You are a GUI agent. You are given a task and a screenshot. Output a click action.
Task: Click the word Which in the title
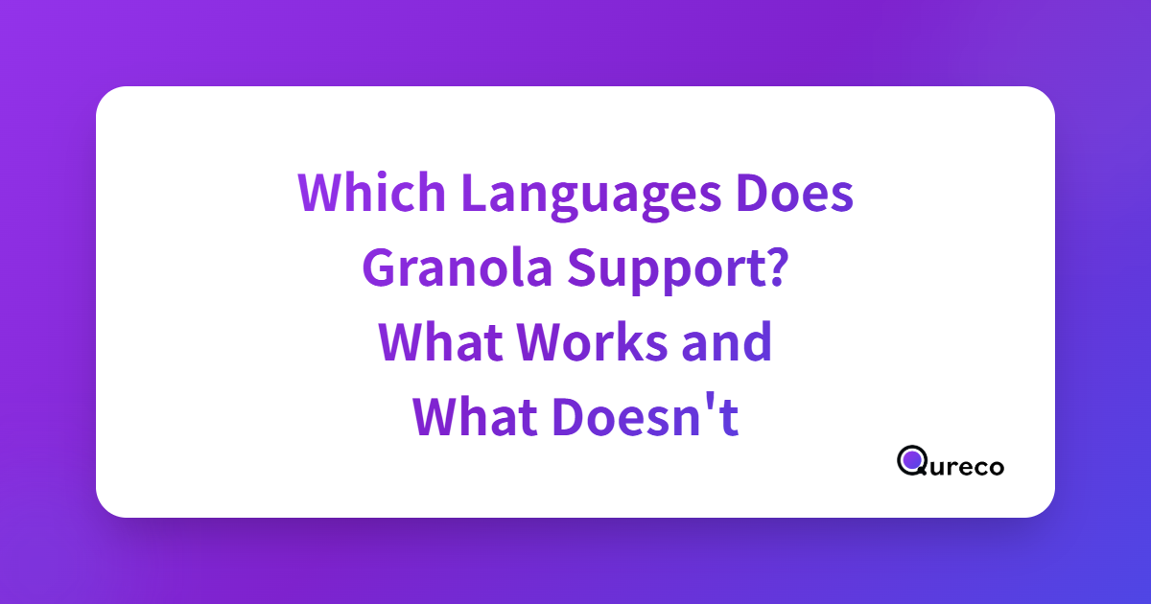tap(371, 192)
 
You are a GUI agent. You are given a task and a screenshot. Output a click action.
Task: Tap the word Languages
tap(592, 197)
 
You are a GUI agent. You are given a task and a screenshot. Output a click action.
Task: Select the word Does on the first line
tap(795, 192)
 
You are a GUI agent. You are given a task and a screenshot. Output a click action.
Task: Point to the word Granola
tap(458, 267)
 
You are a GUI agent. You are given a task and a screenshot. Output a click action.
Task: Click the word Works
tap(592, 340)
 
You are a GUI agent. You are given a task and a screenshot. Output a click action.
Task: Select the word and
tap(727, 340)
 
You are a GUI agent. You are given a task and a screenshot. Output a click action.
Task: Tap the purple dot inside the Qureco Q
tap(912, 459)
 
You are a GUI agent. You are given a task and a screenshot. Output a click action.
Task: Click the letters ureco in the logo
tap(966, 467)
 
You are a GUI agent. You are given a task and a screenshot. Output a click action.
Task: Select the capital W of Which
tap(322, 192)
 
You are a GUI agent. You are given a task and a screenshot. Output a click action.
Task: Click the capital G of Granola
tap(380, 267)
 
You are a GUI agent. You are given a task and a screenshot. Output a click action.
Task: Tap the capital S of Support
tap(583, 267)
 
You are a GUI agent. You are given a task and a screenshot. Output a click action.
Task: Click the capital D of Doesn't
tap(570, 416)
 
